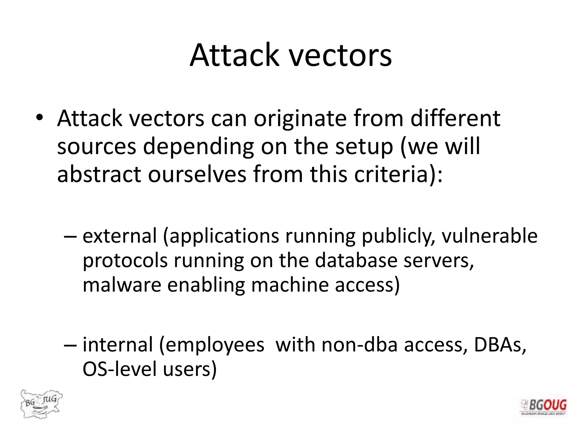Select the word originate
[x=300, y=118]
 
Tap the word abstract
[x=99, y=174]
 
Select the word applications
[x=224, y=237]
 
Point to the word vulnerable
[x=489, y=236]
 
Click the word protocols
[x=125, y=261]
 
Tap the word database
[x=356, y=260]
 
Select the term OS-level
[x=119, y=369]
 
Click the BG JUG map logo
[x=41, y=404]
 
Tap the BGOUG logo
[x=543, y=407]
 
